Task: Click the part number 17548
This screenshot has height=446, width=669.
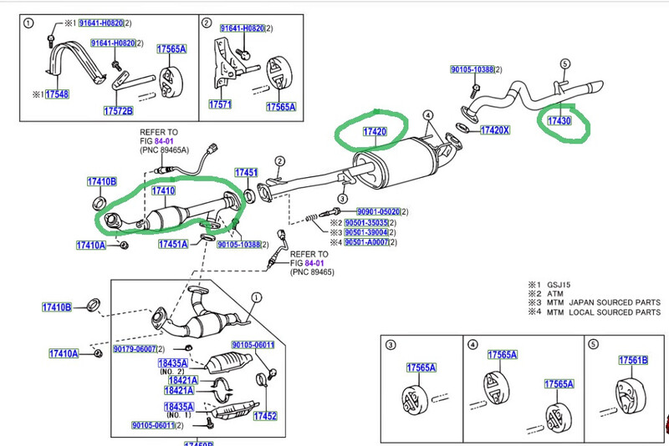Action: pos(58,94)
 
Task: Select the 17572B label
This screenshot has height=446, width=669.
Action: pos(119,110)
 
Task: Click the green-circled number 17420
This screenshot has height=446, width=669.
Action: pos(374,133)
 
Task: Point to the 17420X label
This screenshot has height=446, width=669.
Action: pos(495,129)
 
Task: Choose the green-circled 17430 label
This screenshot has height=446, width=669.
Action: pos(559,121)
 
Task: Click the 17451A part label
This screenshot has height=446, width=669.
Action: pos(174,244)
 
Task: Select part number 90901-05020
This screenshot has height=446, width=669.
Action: pos(378,212)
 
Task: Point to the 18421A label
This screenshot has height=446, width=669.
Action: pos(180,380)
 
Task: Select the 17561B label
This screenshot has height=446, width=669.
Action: pos(633,360)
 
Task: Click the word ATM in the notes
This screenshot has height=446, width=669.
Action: pos(554,293)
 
